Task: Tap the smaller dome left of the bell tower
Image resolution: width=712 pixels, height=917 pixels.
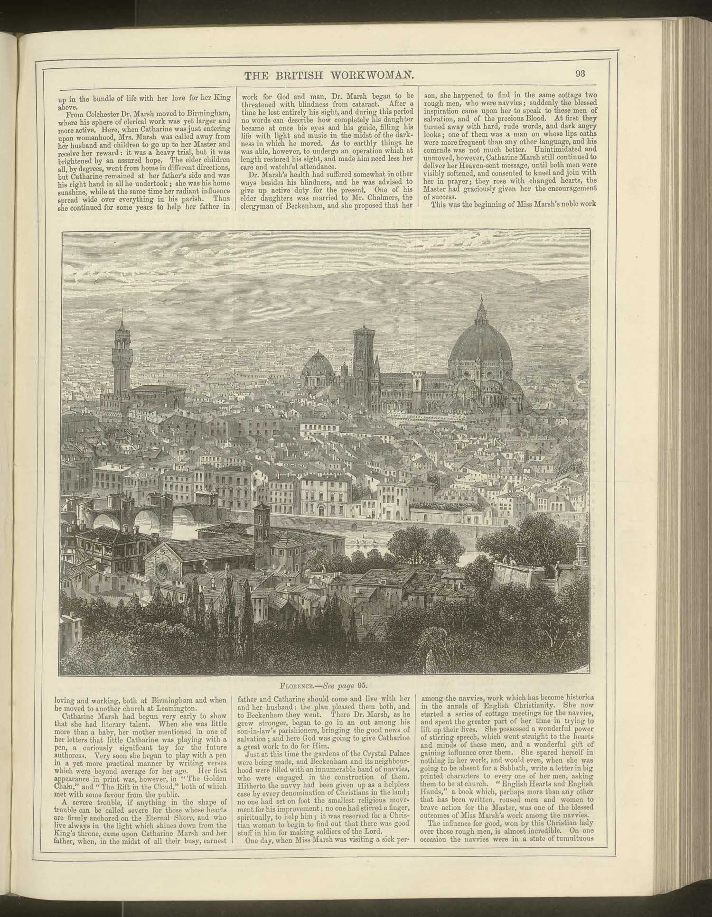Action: (x=317, y=366)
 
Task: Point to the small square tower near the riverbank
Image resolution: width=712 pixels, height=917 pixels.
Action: (x=262, y=519)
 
